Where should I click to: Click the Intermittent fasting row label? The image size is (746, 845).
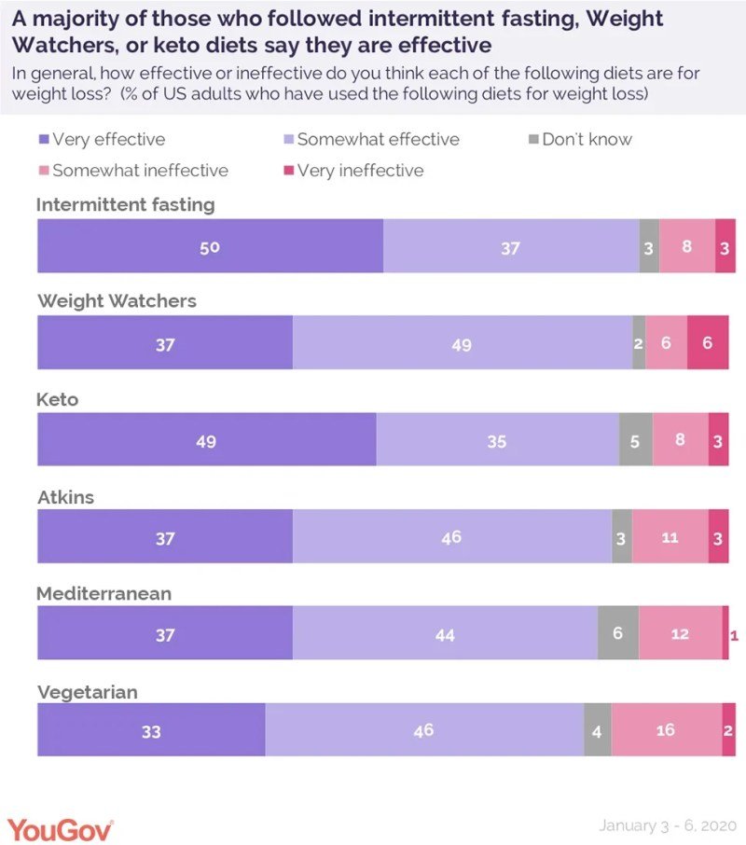point(125,205)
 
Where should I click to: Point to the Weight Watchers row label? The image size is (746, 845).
point(117,301)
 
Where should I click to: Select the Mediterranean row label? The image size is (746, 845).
point(104,593)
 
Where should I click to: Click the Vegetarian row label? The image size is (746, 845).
point(87,691)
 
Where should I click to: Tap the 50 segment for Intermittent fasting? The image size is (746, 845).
point(210,247)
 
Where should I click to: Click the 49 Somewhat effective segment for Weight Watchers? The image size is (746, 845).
point(462,344)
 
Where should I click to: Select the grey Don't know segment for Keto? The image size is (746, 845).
point(635,441)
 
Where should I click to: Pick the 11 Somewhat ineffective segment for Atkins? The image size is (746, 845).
point(670,537)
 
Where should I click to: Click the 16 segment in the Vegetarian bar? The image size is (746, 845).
point(666,730)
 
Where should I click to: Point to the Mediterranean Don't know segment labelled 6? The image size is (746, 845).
point(618,633)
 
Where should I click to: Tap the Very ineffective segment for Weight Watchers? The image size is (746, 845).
point(708,343)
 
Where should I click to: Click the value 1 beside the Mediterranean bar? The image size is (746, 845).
point(735,635)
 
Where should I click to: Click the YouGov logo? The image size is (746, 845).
point(61,827)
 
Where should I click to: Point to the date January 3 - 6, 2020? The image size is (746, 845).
point(668,826)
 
